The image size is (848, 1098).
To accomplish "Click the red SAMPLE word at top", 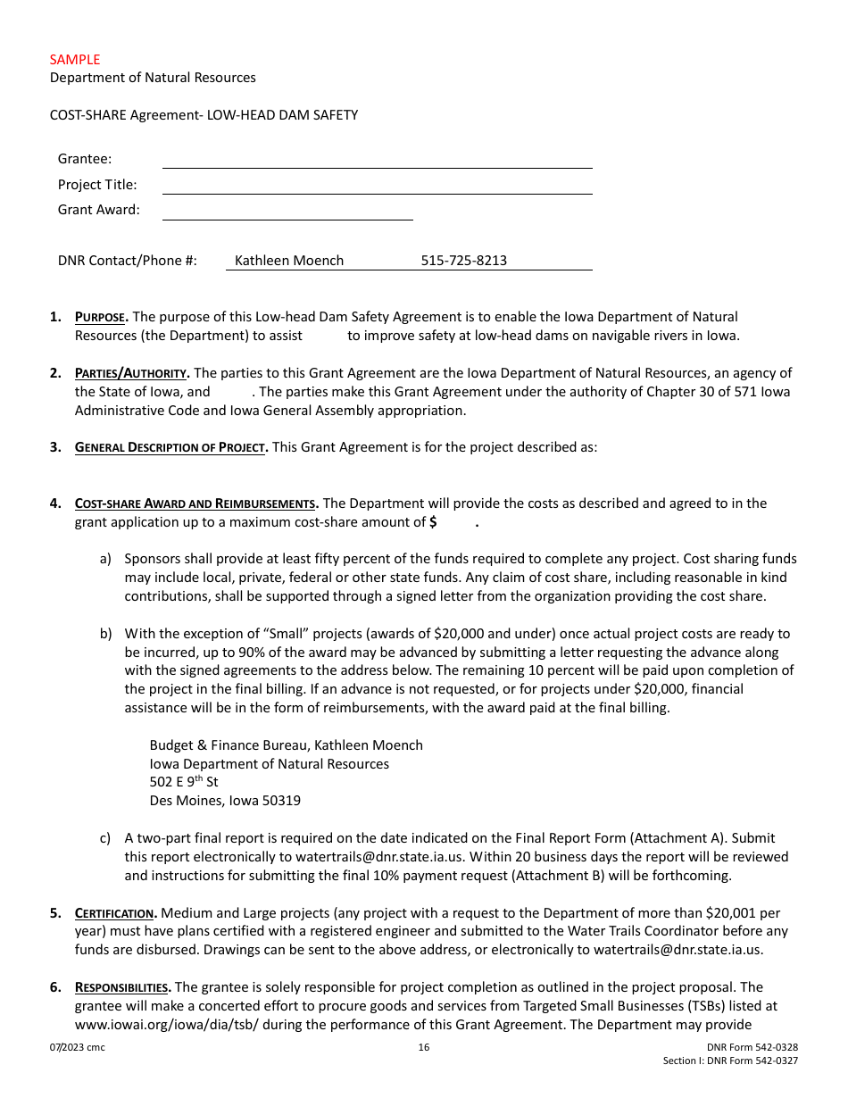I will (75, 60).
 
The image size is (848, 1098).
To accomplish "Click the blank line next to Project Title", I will (377, 187).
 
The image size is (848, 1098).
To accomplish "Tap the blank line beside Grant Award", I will (287, 212).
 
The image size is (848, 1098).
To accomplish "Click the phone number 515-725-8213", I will (463, 261).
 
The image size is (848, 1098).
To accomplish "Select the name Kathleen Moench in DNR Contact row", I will (288, 261).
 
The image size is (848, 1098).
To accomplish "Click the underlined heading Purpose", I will (101, 317).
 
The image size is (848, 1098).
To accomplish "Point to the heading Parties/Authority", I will (131, 373).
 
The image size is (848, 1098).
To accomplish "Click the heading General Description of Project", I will (170, 447).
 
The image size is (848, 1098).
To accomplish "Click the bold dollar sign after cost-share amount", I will (433, 523).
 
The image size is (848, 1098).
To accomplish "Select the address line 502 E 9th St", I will (184, 782).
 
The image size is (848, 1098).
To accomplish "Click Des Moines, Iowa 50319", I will (225, 801).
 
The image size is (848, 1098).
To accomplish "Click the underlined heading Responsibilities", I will (122, 987).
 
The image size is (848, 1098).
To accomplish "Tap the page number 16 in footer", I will (424, 1047).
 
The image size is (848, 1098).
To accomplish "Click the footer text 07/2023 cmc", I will (78, 1047).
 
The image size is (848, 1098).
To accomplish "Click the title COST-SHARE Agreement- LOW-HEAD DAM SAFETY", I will (204, 115).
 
